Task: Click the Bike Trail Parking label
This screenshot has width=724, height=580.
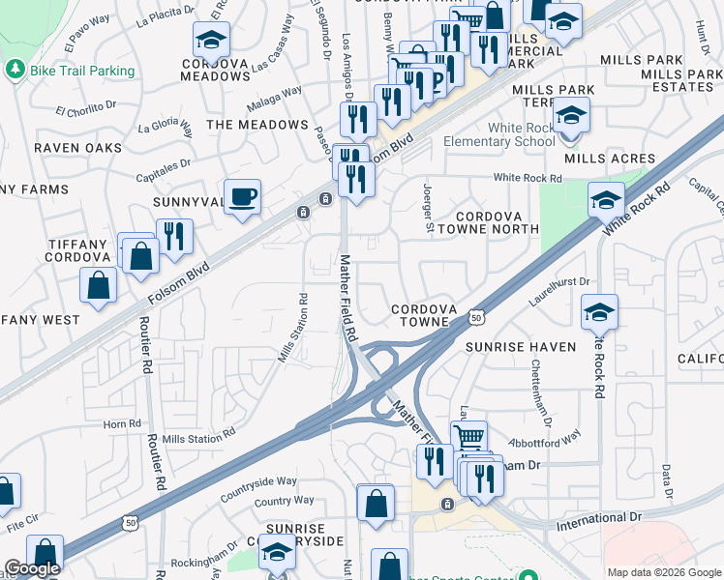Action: click(81, 71)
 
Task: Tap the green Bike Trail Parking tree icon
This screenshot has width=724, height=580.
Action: click(15, 70)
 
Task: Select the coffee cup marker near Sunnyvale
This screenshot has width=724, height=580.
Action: click(242, 197)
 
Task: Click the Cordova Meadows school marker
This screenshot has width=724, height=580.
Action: click(210, 40)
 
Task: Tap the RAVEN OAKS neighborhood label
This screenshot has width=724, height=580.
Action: click(77, 148)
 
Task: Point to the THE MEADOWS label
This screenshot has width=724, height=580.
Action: click(257, 125)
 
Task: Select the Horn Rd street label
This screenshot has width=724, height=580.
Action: click(122, 423)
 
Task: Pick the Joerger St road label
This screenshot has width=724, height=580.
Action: click(428, 209)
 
